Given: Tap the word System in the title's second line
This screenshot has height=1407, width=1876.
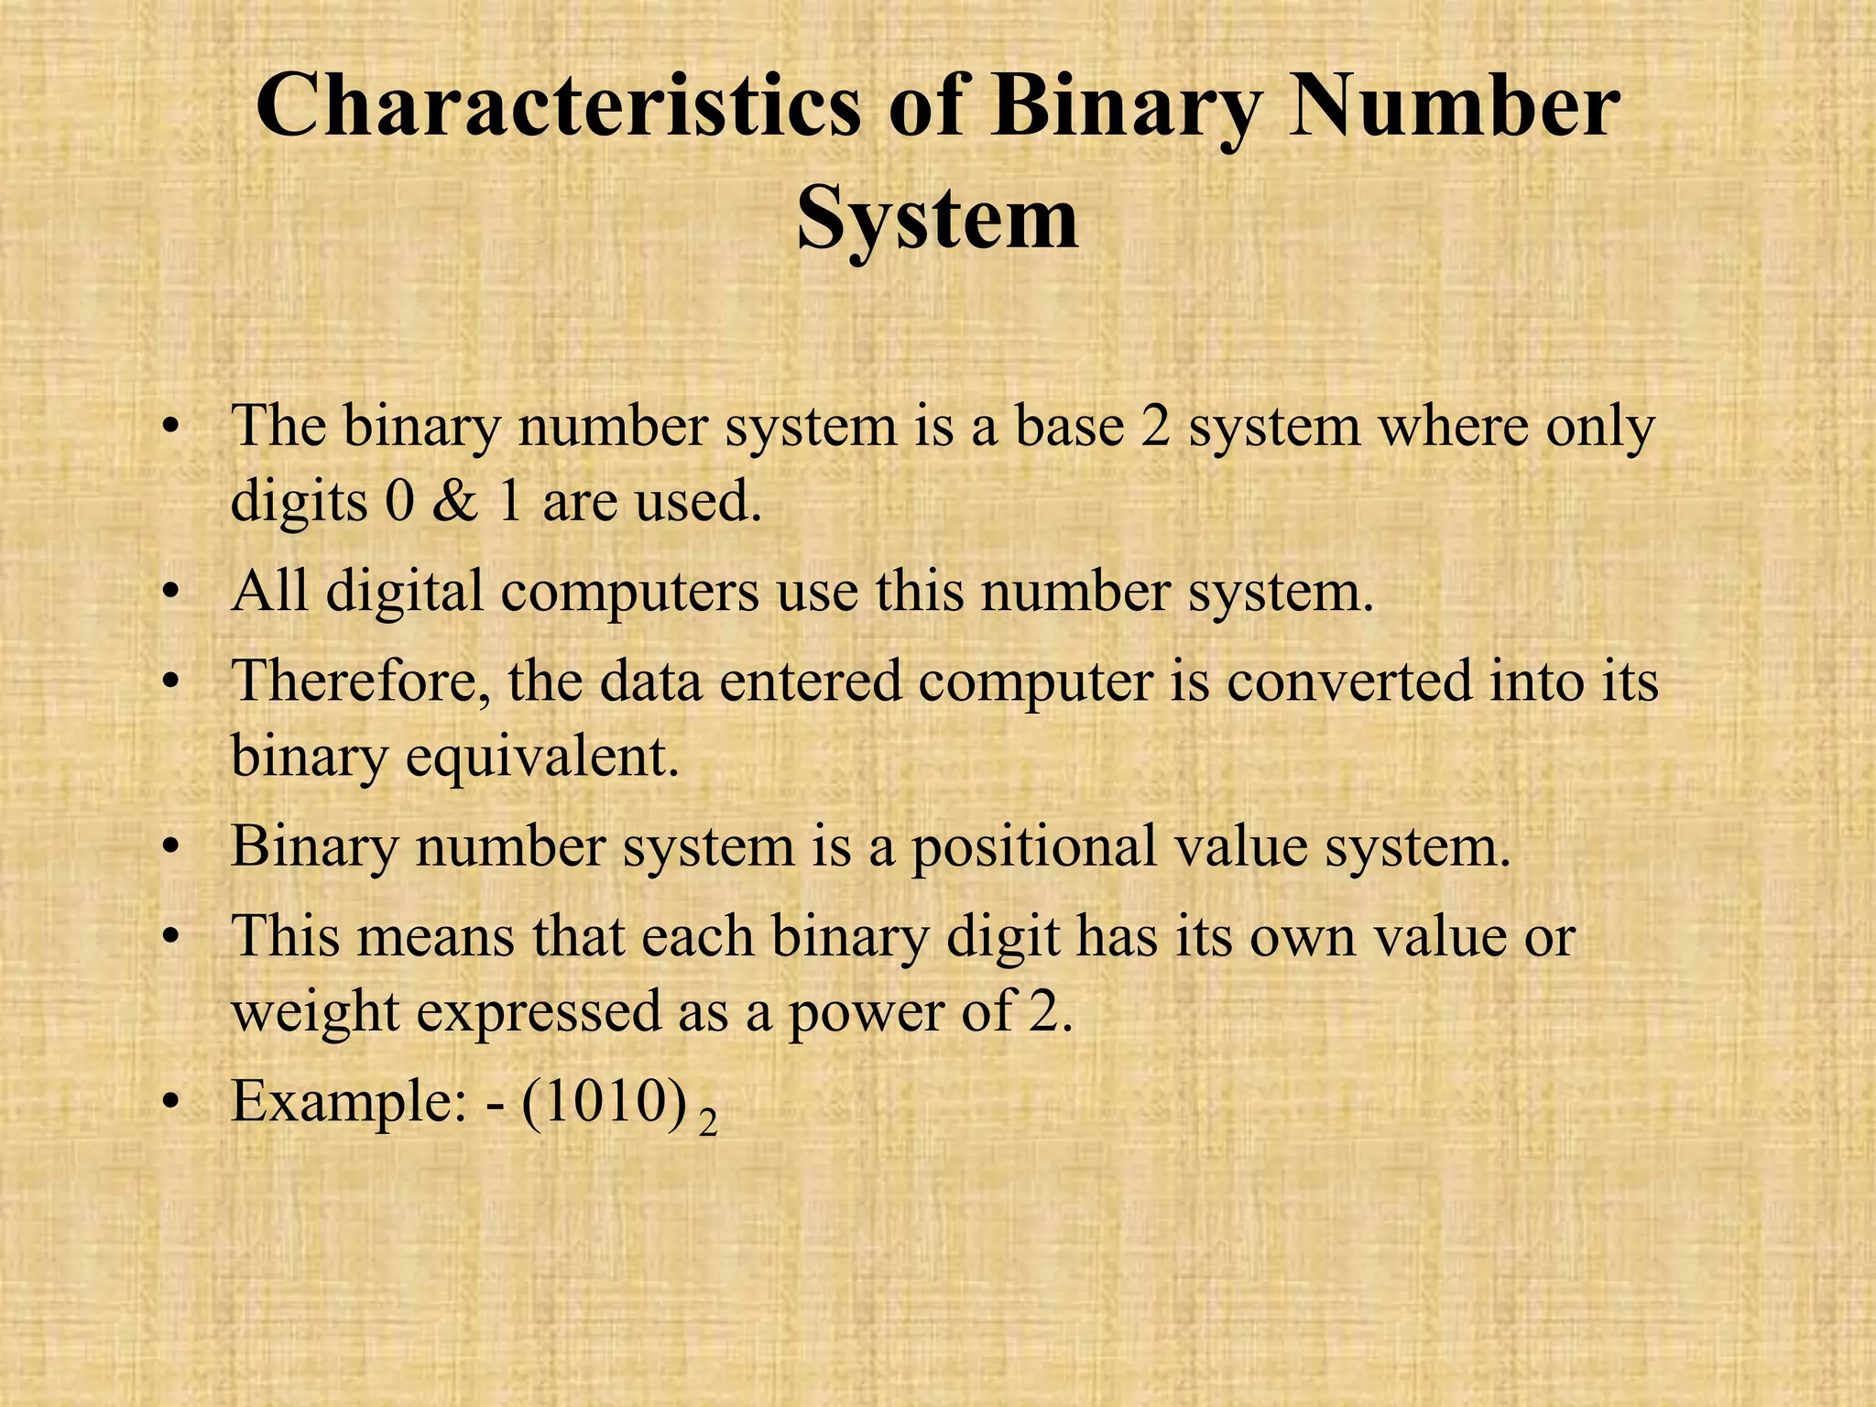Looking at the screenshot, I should point(937,220).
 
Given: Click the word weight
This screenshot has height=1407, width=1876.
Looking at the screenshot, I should point(315,1013).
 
